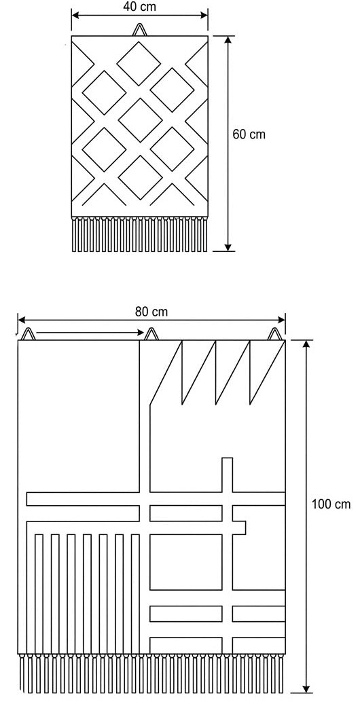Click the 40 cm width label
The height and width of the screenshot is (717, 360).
click(139, 7)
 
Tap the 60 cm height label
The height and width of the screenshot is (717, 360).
click(249, 134)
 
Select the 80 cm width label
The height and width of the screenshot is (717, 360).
click(151, 312)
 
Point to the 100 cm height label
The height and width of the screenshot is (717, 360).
click(331, 504)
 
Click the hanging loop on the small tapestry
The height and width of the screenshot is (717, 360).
click(140, 30)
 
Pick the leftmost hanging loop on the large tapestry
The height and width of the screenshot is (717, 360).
click(27, 335)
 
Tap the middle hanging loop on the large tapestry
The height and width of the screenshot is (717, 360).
click(151, 335)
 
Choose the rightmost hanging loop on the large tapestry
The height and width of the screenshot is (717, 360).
click(275, 335)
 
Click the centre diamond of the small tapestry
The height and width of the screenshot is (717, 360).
click(140, 120)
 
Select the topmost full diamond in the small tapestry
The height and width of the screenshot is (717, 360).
click(140, 62)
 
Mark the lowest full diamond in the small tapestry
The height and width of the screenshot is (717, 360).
click(140, 177)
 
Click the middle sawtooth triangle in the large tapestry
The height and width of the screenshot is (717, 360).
click(216, 372)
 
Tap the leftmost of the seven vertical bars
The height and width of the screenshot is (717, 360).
click(39, 594)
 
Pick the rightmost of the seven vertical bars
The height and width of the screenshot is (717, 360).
click(135, 594)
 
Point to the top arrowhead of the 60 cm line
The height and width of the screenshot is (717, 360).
click(229, 41)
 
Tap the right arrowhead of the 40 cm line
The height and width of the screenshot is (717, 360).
click(203, 16)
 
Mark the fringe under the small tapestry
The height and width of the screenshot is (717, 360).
click(139, 234)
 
